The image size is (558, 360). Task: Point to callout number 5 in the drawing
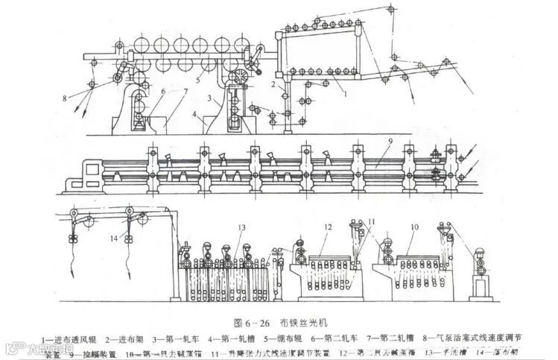tap(197, 78)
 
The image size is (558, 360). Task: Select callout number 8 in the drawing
tap(65, 97)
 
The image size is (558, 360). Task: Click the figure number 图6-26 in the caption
tap(249, 323)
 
